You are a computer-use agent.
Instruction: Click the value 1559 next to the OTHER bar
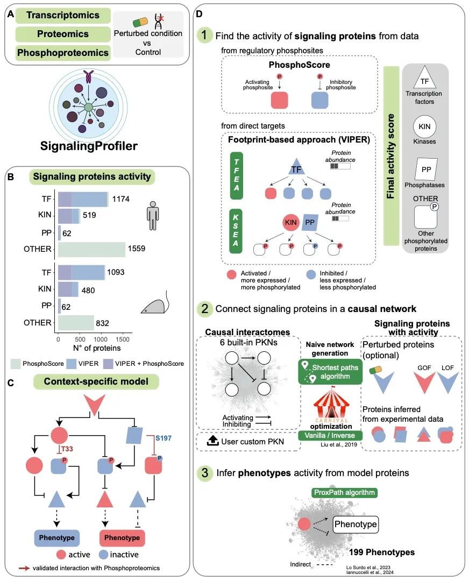point(137,249)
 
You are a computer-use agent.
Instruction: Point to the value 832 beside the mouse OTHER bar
point(106,323)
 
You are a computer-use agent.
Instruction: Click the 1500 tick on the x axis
point(123,341)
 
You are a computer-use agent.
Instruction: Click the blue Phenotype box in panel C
point(58,537)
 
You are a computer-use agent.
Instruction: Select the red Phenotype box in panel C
point(122,537)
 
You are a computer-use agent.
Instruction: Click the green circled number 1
point(204,36)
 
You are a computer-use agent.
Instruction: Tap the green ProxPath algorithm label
point(344,492)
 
